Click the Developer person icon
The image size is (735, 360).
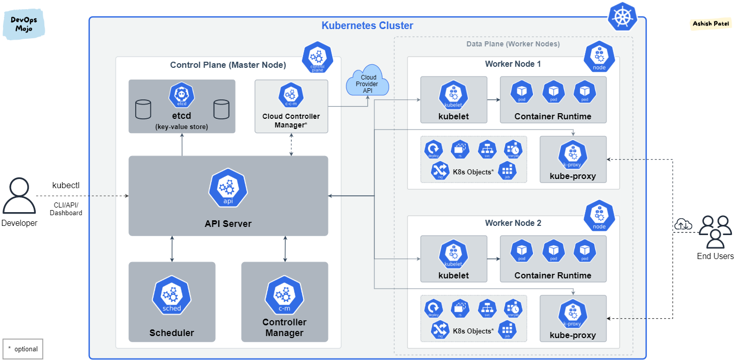point(19,196)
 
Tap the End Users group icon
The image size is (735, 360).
point(715,232)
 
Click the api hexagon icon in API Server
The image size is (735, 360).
point(228,188)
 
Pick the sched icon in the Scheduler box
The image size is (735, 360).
point(171,295)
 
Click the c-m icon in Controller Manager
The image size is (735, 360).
point(284,295)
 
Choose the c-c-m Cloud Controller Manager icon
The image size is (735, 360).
point(291,95)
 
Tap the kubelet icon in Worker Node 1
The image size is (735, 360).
point(453,94)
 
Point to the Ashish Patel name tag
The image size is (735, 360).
point(711,24)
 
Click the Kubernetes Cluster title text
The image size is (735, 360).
point(367,25)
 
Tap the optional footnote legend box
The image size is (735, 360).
point(22,349)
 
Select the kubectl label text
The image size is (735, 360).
point(66,185)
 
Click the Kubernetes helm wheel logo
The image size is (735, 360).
point(623,17)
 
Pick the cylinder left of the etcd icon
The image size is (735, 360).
point(143,109)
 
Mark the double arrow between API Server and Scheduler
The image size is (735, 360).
point(172,249)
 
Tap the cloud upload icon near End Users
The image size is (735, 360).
point(683,224)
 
